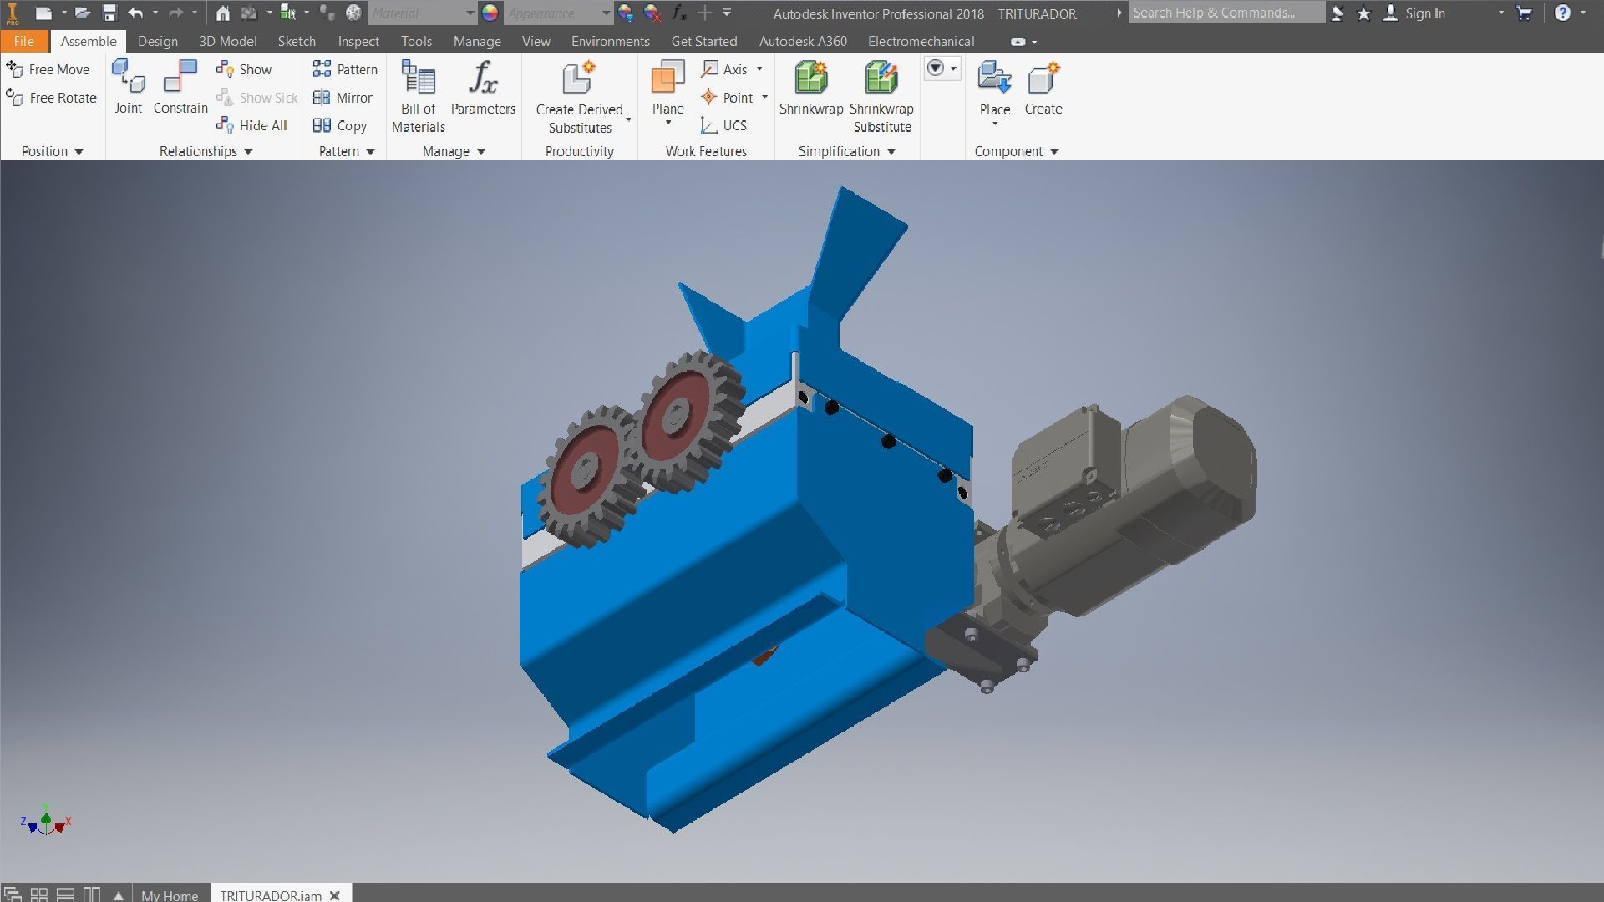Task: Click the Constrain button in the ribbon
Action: [180, 87]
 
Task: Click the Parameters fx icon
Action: [483, 79]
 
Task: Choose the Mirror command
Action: [343, 98]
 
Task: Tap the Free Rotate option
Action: [52, 98]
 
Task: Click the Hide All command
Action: [252, 125]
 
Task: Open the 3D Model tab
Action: [227, 41]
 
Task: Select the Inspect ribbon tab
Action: [358, 41]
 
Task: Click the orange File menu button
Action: [23, 41]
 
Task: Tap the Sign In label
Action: [1424, 13]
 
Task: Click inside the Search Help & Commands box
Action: [1224, 13]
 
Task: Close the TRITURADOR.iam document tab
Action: [335, 895]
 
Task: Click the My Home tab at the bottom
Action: [170, 895]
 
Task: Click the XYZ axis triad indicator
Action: [46, 823]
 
